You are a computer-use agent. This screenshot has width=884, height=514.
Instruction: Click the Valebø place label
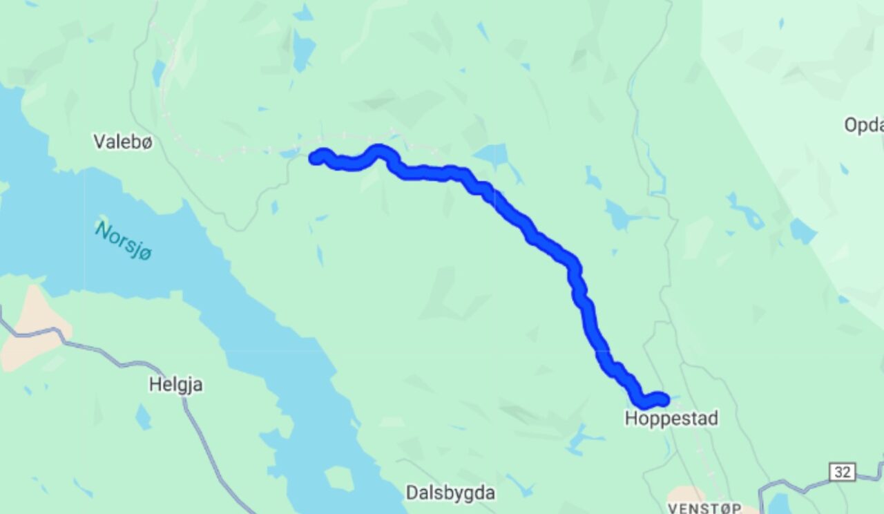click(x=123, y=142)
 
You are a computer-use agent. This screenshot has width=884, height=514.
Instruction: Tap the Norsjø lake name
click(x=124, y=241)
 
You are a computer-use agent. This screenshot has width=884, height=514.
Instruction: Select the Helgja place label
click(x=176, y=385)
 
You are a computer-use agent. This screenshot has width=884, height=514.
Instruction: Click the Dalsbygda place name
click(x=450, y=493)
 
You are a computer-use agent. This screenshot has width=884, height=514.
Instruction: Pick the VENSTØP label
click(x=704, y=508)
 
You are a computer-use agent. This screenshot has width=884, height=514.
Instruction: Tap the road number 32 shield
click(x=843, y=472)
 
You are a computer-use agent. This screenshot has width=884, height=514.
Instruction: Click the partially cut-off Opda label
click(x=863, y=125)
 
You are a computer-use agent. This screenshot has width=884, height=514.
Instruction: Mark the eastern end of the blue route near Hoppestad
click(x=662, y=399)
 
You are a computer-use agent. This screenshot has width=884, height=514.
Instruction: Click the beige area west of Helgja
click(x=35, y=328)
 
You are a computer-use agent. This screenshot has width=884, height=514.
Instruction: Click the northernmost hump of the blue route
click(x=378, y=150)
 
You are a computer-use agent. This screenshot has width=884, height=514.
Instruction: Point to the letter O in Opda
click(x=851, y=125)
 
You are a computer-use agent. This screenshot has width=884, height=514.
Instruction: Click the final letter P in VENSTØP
click(x=737, y=508)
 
